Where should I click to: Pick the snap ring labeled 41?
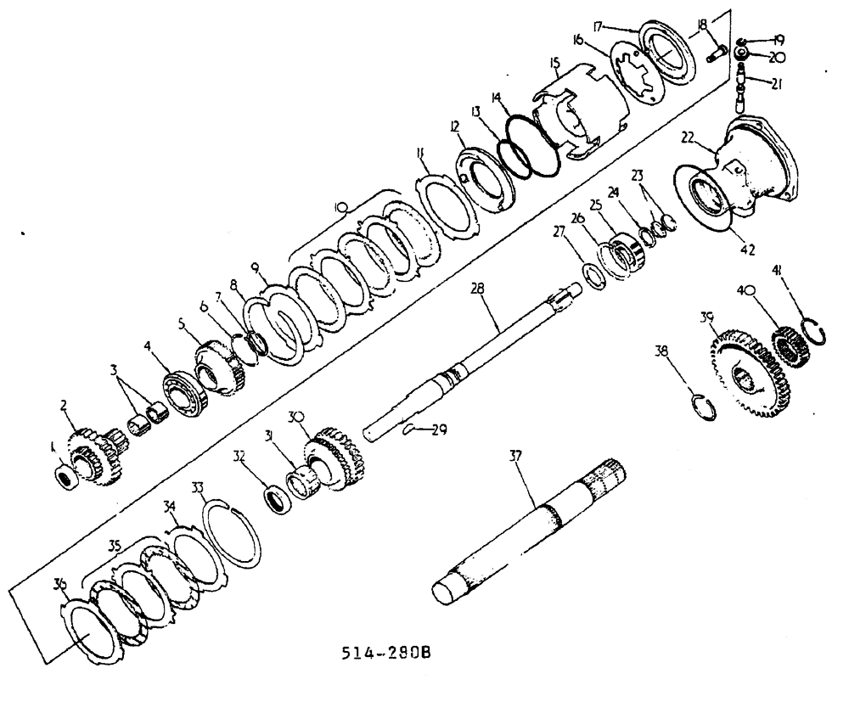click(814, 328)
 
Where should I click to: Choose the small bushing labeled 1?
click(67, 476)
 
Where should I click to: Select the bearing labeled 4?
click(181, 391)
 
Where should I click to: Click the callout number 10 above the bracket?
click(340, 206)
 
